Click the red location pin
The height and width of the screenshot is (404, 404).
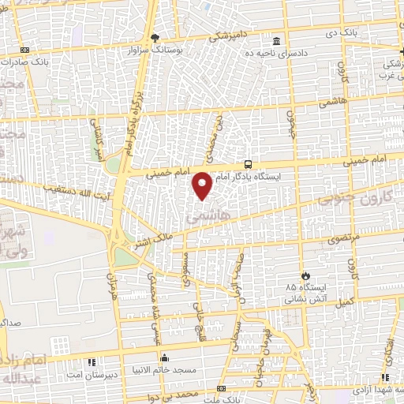pyautogui.click(x=203, y=185)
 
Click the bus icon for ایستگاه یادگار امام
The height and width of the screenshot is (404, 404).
pyautogui.click(x=249, y=165)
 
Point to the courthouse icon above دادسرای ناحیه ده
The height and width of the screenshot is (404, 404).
pyautogui.click(x=275, y=41)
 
